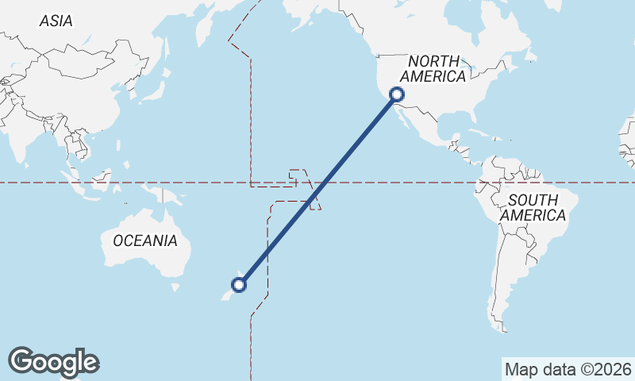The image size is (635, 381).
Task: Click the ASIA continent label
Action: coord(56,21)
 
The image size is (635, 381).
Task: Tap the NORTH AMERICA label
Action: coord(433,69)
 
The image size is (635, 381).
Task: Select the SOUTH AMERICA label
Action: coord(533,207)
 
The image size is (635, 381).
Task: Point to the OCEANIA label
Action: coord(145,241)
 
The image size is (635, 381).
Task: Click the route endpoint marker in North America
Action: coord(397,95)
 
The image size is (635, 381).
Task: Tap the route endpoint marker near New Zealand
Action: coord(238,284)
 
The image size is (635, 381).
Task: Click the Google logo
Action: coord(54,362)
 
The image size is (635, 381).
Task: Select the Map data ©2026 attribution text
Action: coord(568,369)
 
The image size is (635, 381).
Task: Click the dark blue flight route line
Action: coord(317,190)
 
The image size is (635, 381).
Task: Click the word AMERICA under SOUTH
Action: coord(533,215)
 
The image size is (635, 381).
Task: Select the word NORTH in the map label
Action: coord(433,61)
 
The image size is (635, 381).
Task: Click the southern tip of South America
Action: coord(502,328)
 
